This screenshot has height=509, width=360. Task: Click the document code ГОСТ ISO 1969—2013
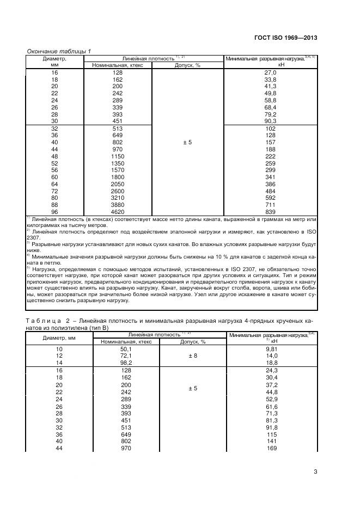pos(285,38)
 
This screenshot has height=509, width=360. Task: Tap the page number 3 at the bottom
pos(315,471)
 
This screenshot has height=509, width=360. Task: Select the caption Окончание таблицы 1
pos(59,51)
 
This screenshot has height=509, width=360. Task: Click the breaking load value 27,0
pos(271,72)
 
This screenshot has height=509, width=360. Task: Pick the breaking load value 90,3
pos(271,121)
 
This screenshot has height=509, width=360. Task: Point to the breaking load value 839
pos(271,211)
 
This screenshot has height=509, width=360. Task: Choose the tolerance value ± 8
pos(187,357)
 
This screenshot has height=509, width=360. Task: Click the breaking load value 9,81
pos(271,349)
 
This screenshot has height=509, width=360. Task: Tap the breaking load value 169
pos(271,448)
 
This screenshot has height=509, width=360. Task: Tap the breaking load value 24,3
pos(271,371)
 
